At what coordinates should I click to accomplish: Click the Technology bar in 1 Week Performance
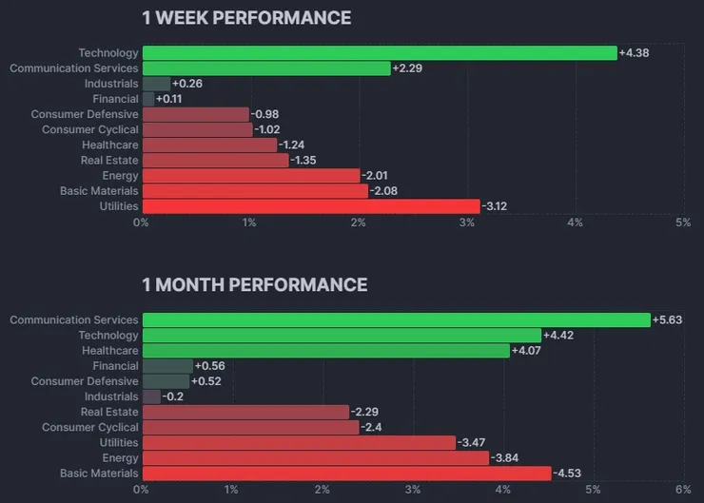379,53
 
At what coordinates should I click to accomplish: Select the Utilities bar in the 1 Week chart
310,206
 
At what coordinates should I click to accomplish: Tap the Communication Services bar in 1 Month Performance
396,320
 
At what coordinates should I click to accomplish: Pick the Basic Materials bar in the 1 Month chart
346,474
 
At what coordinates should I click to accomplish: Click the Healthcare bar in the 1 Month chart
325,351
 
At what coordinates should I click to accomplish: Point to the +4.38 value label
634,53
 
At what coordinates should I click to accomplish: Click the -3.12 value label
497,206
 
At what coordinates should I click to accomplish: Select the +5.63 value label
668,320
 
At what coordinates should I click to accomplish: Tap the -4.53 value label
567,474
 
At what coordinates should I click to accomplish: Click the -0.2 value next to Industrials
173,397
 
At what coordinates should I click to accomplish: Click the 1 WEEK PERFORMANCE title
246,18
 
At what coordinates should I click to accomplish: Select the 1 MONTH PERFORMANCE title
254,284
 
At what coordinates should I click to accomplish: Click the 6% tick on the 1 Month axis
682,489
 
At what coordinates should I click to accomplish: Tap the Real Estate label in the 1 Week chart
109,161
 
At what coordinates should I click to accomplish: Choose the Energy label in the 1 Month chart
120,458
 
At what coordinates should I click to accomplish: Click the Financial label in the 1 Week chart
115,99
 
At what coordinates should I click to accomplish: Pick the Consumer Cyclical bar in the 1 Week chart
197,129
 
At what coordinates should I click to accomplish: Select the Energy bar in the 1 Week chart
250,176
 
